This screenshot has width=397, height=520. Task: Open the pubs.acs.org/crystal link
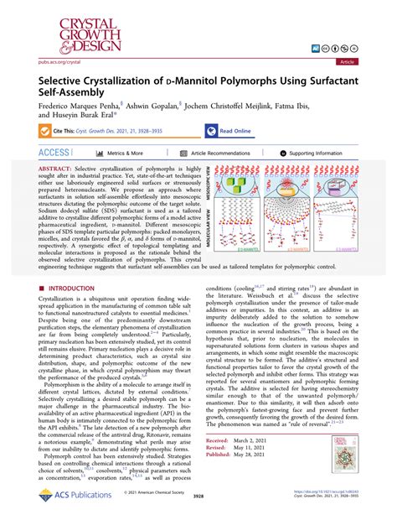pyautogui.click(x=43, y=61)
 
